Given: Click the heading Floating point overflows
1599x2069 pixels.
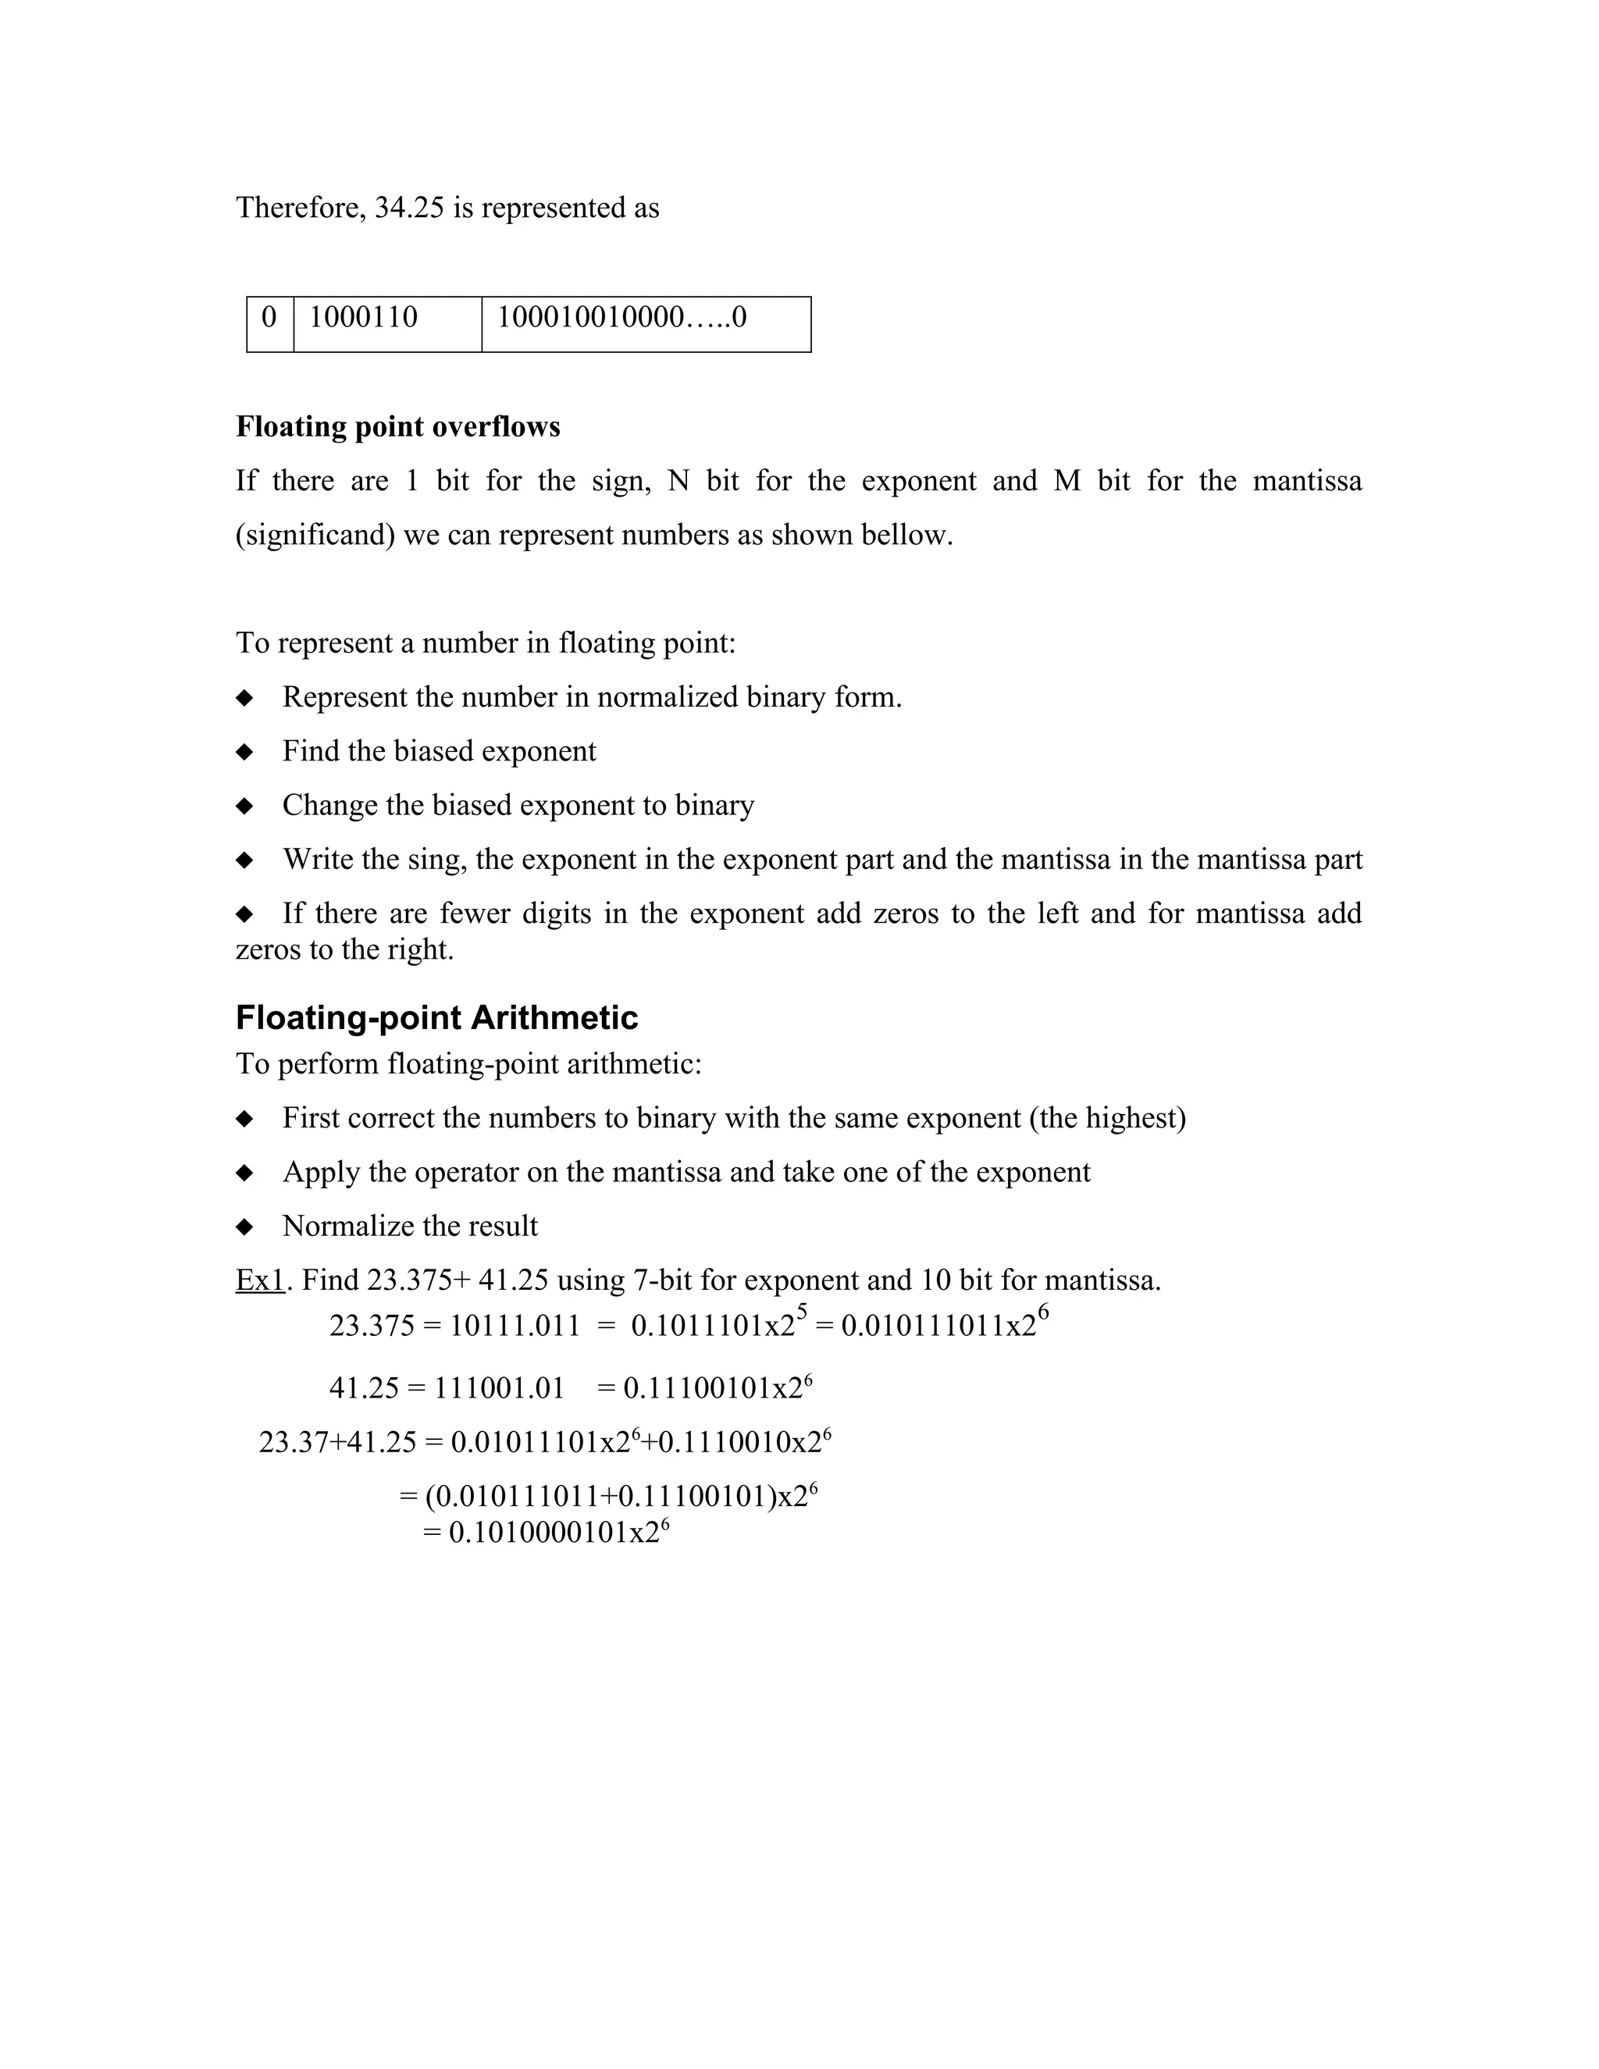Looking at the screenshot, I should point(398,427).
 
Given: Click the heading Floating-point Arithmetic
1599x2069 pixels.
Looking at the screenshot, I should point(436,1017).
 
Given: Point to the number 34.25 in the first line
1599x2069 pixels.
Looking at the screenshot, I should point(409,208).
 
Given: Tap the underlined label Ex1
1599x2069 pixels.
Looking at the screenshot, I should point(259,1280).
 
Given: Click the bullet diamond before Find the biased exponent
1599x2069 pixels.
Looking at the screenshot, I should point(244,752).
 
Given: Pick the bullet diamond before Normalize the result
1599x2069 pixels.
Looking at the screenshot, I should point(244,1227).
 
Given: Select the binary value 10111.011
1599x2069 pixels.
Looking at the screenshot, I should point(515,1327).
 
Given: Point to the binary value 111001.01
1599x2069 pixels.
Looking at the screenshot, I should point(499,1389).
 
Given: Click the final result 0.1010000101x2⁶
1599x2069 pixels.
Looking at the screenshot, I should point(559,1533).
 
